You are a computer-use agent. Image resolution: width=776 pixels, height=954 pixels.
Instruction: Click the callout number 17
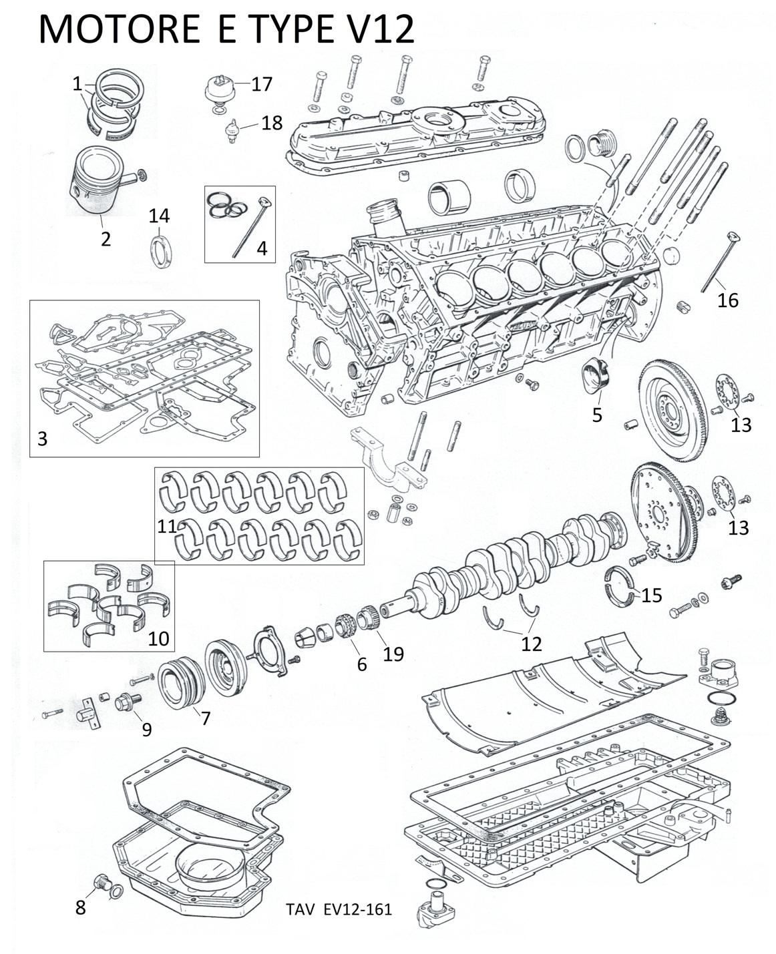tap(262, 84)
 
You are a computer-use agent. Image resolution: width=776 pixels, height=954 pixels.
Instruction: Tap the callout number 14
tap(159, 216)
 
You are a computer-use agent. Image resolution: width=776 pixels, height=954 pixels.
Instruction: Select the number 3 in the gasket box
tap(42, 439)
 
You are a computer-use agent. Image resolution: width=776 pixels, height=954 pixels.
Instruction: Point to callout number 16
tap(728, 300)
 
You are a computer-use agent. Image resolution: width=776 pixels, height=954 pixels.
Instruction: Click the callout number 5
tap(597, 415)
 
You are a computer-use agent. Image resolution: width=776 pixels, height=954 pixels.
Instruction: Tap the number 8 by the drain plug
tap(80, 908)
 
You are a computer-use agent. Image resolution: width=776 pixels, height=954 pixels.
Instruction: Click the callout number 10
tap(158, 638)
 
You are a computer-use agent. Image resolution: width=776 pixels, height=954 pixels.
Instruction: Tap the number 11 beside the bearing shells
tap(167, 526)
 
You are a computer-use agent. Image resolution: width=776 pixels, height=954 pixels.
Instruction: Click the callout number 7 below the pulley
tap(206, 718)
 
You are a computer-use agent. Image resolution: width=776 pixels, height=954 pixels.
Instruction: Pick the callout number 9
tap(146, 729)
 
